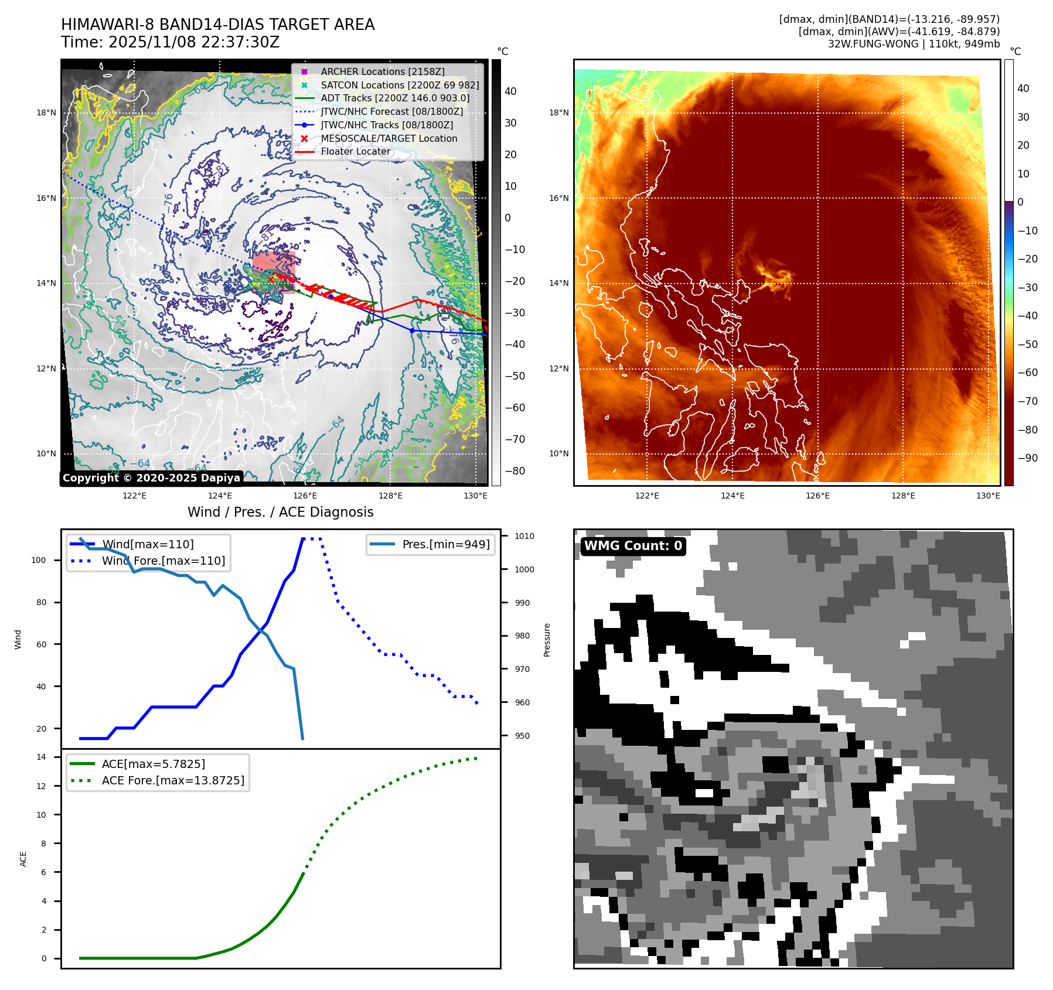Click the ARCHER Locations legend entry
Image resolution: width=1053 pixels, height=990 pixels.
[x=382, y=71]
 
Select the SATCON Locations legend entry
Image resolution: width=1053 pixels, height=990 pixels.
[x=399, y=85]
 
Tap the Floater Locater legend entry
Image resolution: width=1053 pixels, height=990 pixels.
[x=355, y=151]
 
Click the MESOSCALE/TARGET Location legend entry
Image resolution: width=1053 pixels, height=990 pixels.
[x=389, y=138]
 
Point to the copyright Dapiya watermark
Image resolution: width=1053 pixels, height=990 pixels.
[x=151, y=478]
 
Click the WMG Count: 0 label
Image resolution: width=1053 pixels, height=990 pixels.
[x=633, y=546]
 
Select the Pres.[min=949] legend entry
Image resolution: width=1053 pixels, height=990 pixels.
[x=445, y=544]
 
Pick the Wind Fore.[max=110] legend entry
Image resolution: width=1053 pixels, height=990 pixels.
[x=163, y=561]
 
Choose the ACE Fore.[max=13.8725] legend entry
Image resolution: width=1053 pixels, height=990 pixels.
[x=172, y=780]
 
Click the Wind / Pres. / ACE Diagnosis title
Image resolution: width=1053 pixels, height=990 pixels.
[x=280, y=512]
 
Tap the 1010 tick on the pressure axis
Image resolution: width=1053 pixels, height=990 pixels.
[x=524, y=536]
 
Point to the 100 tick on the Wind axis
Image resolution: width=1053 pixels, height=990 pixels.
[x=39, y=560]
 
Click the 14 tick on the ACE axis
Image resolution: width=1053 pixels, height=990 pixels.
[x=42, y=757]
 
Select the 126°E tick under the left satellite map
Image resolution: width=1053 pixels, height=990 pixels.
[x=305, y=496]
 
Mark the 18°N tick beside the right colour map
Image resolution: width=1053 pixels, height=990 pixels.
[x=558, y=112]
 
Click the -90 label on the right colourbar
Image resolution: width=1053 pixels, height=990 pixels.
[x=1027, y=458]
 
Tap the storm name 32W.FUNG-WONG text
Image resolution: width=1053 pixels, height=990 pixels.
[x=873, y=44]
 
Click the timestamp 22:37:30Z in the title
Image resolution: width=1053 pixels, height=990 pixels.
[x=238, y=42]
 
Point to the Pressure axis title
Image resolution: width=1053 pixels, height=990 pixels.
[x=547, y=640]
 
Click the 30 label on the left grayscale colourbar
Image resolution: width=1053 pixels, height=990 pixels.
[x=510, y=123]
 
